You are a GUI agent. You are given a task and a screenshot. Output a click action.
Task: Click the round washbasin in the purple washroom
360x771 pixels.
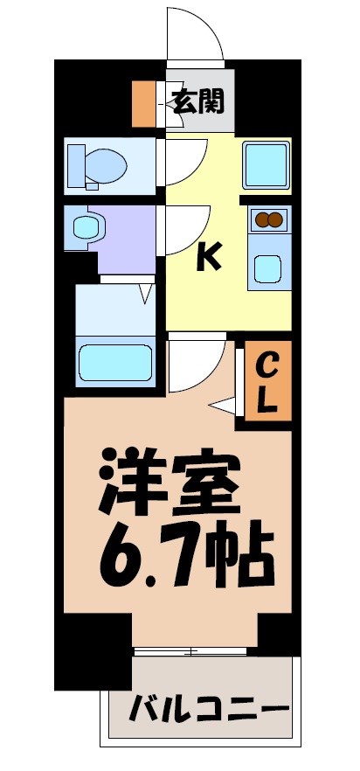click(x=85, y=228)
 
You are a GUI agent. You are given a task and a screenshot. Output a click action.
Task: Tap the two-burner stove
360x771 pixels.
click(x=268, y=220)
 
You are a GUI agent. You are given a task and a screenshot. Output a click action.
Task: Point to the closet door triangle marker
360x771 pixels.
click(x=225, y=406)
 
